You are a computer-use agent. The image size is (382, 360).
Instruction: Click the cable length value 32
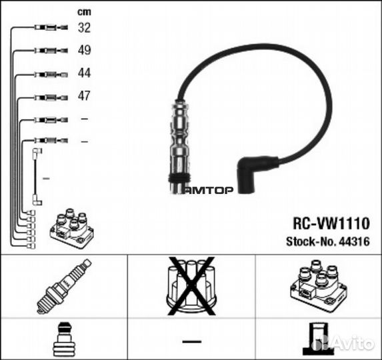[x=84, y=27]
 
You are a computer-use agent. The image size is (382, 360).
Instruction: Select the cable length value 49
[x=84, y=50]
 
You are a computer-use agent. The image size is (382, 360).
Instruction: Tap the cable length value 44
[x=84, y=73]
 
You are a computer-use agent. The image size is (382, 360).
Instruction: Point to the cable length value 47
[x=84, y=96]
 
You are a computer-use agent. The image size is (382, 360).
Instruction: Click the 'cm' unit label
[x=84, y=12]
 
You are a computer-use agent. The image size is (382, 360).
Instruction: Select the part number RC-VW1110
[x=331, y=223]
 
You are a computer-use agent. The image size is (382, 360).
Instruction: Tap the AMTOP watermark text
[x=208, y=190]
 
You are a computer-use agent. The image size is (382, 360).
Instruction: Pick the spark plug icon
[x=64, y=286]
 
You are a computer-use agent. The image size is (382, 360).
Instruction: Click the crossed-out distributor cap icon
[x=191, y=287]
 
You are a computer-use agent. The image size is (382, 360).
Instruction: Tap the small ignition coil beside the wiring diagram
[x=72, y=228]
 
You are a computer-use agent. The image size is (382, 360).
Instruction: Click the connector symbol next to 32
[x=51, y=27]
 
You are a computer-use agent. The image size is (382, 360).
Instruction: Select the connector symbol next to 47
[x=51, y=98]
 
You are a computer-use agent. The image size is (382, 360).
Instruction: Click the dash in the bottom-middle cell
[x=192, y=341]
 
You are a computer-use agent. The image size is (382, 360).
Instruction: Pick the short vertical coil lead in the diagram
[x=36, y=177]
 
